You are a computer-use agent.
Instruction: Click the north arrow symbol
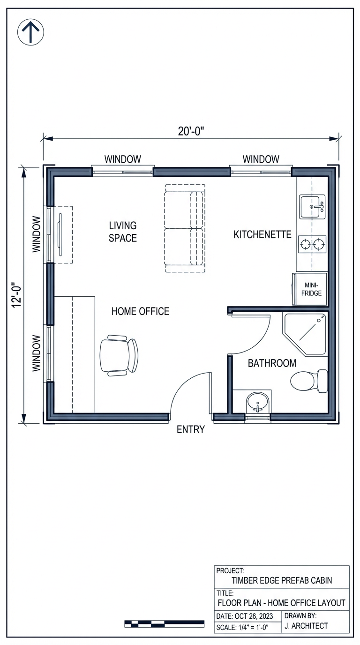click(x=30, y=32)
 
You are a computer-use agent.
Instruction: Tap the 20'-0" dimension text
click(x=191, y=131)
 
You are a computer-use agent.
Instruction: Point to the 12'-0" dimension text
click(x=17, y=295)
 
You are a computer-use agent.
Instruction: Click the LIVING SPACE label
click(x=123, y=232)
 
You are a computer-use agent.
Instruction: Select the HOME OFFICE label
click(x=140, y=311)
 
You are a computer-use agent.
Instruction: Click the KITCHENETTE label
click(x=262, y=234)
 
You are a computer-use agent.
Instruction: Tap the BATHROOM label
click(x=272, y=363)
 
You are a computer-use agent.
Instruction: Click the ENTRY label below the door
click(x=190, y=429)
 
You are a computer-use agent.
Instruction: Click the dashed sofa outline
click(x=184, y=228)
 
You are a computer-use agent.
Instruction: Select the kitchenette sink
click(x=313, y=207)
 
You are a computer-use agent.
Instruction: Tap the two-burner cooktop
click(x=312, y=244)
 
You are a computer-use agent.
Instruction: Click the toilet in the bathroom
click(x=309, y=381)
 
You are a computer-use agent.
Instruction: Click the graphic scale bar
click(x=164, y=623)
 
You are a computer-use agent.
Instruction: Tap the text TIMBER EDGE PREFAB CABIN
click(x=282, y=580)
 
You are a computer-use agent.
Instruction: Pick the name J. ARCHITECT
click(x=306, y=626)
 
